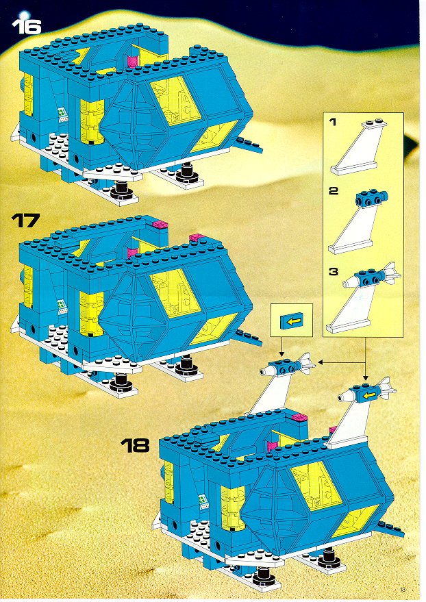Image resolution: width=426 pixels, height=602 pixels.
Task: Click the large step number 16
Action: tap(27, 27)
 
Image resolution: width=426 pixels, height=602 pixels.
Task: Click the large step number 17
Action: tap(26, 221)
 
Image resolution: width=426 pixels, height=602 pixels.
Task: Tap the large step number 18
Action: tap(135, 446)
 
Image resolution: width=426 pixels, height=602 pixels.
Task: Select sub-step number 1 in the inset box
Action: tap(333, 122)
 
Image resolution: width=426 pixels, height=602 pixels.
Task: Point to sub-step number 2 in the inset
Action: tap(333, 190)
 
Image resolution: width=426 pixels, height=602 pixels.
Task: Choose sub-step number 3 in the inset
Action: tap(333, 271)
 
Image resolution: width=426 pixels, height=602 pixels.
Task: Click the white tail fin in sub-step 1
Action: tap(358, 148)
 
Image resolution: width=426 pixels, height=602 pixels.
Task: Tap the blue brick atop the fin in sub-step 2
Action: tap(371, 197)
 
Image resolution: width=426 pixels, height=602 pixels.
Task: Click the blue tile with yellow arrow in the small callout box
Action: tap(292, 321)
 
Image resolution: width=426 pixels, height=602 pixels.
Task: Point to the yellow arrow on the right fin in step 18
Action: tap(369, 395)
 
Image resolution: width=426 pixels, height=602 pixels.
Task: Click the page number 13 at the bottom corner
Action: tap(402, 590)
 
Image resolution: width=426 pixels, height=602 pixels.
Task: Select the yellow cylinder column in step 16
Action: tap(91, 121)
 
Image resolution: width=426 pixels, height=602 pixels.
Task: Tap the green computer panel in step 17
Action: tap(62, 306)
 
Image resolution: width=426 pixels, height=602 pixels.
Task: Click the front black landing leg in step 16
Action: tap(121, 189)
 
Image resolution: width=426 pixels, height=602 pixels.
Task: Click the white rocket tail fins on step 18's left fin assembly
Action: tap(308, 363)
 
